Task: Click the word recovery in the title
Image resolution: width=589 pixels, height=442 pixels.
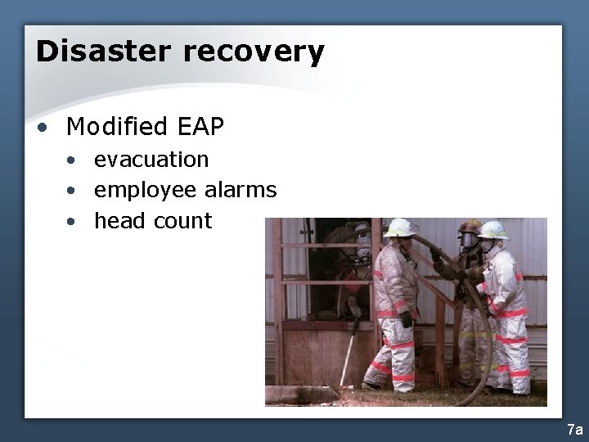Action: pyautogui.click(x=253, y=52)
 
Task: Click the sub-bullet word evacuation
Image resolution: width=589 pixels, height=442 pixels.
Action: pyautogui.click(x=151, y=159)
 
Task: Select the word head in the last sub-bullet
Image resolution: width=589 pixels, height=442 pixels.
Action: pyautogui.click(x=117, y=221)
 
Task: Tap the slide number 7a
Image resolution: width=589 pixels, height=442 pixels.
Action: pyautogui.click(x=574, y=430)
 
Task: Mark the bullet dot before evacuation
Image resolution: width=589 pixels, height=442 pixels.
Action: pyautogui.click(x=73, y=160)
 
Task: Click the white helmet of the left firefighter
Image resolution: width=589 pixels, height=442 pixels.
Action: pyautogui.click(x=400, y=227)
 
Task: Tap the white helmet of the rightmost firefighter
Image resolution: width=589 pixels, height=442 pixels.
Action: pyautogui.click(x=492, y=230)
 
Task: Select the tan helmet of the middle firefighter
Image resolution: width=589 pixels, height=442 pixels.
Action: pyautogui.click(x=470, y=226)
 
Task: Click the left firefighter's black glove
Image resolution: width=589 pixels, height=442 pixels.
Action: pyautogui.click(x=407, y=319)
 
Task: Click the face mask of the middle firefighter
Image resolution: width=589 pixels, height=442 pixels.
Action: pyautogui.click(x=467, y=240)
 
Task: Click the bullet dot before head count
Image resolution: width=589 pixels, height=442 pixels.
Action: pyautogui.click(x=73, y=223)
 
